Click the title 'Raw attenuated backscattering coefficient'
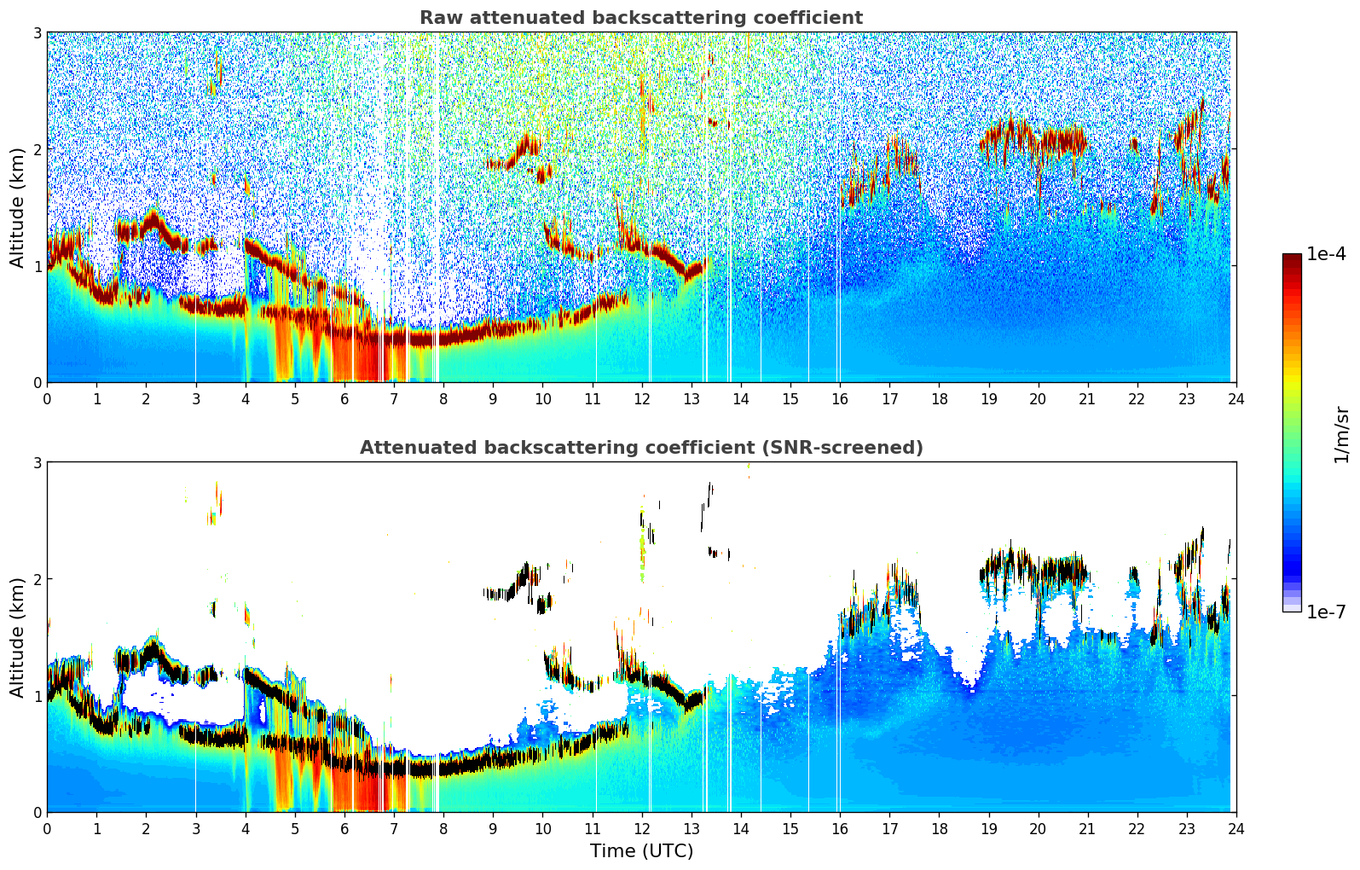point(640,18)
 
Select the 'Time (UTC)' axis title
point(641,850)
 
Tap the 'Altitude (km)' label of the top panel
point(17,207)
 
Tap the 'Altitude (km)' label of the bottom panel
point(17,637)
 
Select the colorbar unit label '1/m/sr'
point(1341,434)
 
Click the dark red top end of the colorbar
point(1292,258)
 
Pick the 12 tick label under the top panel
point(642,398)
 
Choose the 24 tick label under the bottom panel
point(1236,828)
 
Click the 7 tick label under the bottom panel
point(394,828)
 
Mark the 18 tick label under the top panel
point(939,398)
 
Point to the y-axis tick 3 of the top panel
point(38,32)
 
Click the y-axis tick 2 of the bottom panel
point(38,579)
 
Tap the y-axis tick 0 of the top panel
point(38,383)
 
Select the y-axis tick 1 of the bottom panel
point(38,696)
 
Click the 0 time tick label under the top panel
point(47,398)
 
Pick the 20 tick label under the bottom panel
point(1038,828)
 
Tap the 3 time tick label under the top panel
point(196,398)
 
